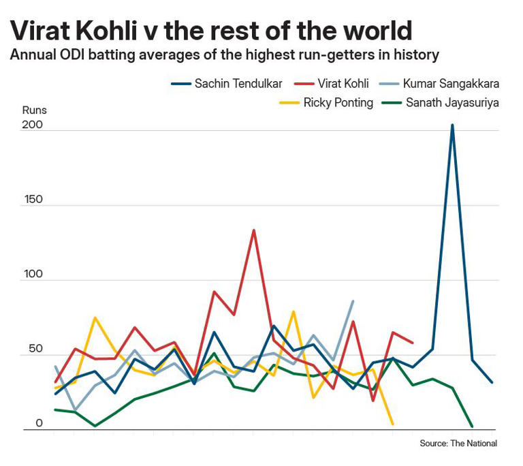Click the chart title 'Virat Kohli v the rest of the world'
[x=211, y=31]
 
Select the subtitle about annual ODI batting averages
[x=224, y=55]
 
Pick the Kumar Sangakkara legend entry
[x=450, y=84]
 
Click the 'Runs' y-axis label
[x=34, y=109]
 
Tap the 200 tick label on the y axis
[x=33, y=125]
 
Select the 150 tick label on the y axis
[x=33, y=200]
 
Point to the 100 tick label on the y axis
[x=33, y=275]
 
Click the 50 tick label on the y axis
[x=35, y=349]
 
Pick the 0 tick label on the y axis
[x=39, y=423]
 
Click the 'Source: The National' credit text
[x=458, y=444]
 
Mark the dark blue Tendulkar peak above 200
[x=451, y=125]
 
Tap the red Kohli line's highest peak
[x=253, y=230]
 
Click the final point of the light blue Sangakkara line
[x=353, y=301]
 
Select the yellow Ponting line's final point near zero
[x=392, y=424]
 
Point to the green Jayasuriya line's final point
[x=472, y=426]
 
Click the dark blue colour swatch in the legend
[x=180, y=84]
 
